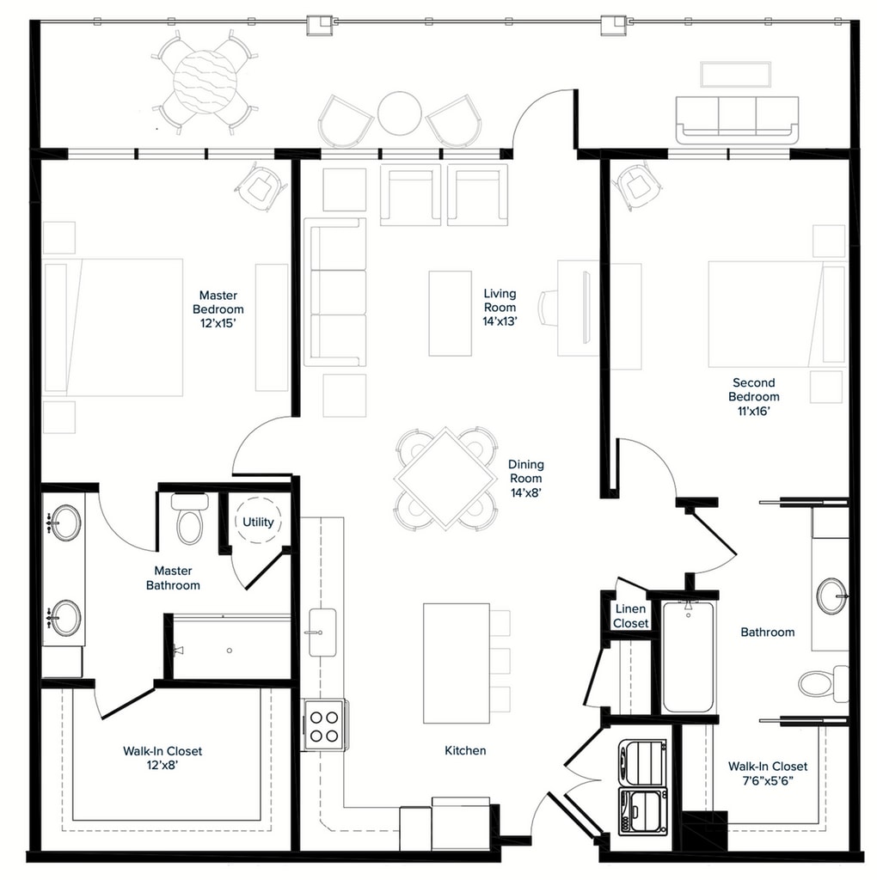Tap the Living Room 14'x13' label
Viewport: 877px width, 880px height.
pyautogui.click(x=500, y=307)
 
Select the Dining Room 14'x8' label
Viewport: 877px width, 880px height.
pyautogui.click(x=525, y=479)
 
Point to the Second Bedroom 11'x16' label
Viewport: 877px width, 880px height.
pyautogui.click(x=753, y=397)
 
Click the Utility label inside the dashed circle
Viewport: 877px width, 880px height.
pyautogui.click(x=258, y=522)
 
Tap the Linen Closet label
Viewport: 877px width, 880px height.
pyautogui.click(x=630, y=616)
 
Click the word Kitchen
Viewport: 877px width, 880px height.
pyautogui.click(x=465, y=750)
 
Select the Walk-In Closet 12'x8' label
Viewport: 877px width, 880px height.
pyautogui.click(x=163, y=758)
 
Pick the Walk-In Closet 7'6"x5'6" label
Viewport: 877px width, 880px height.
pyautogui.click(x=767, y=773)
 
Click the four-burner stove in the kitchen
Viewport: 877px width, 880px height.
pyautogui.click(x=324, y=724)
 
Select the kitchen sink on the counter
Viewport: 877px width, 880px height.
pyautogui.click(x=322, y=632)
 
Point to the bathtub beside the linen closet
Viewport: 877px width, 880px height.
pyautogui.click(x=688, y=657)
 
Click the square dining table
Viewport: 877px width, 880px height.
pyautogui.click(x=445, y=479)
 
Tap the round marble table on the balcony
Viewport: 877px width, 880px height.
pyautogui.click(x=204, y=82)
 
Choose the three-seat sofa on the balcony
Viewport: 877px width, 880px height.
pyautogui.click(x=737, y=119)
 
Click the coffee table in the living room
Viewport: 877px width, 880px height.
pyautogui.click(x=450, y=313)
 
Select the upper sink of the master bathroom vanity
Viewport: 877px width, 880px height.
pyautogui.click(x=65, y=522)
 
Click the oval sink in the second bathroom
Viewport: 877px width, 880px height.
pyautogui.click(x=830, y=596)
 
